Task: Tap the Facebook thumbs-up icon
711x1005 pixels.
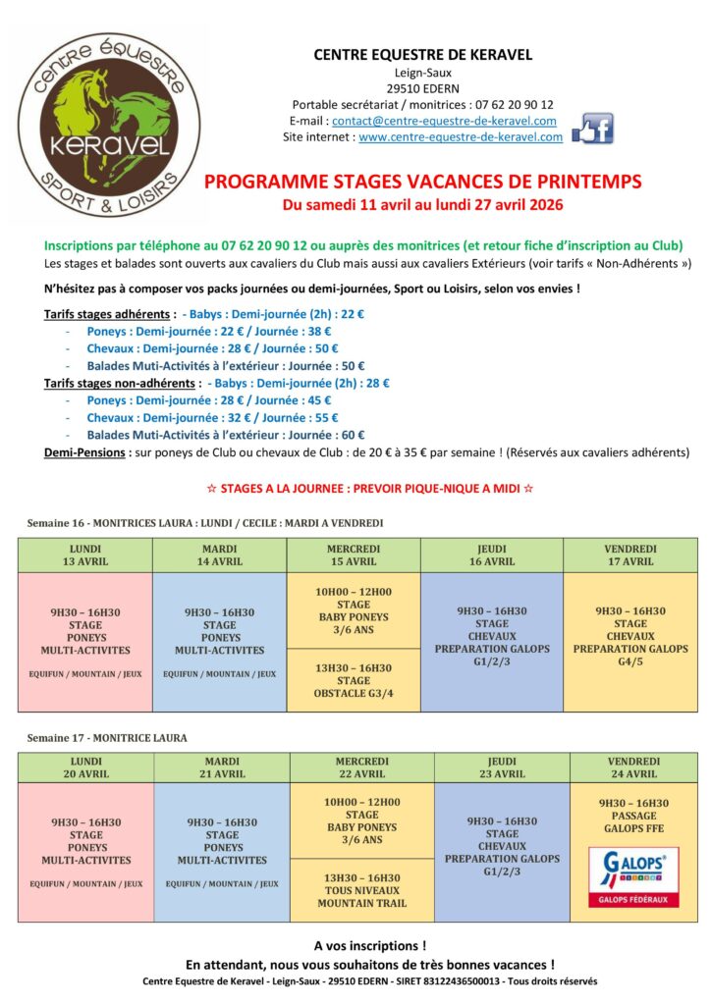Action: coord(592,129)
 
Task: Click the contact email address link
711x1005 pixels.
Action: coord(444,121)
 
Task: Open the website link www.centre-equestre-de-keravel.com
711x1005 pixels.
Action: coord(460,137)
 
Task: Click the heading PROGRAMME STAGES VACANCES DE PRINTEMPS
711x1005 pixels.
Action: coord(422,182)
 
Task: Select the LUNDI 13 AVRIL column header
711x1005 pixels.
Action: coord(85,555)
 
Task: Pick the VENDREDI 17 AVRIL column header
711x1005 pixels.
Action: coord(629,555)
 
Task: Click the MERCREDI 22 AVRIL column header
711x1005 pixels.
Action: coord(361,767)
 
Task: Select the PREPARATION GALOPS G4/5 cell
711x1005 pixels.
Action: coord(629,629)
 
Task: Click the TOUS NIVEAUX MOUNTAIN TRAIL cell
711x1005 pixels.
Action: coord(361,890)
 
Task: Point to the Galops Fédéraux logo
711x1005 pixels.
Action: coord(633,877)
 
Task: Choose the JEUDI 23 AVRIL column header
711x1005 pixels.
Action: coord(502,767)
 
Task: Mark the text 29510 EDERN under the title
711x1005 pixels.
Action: coord(422,87)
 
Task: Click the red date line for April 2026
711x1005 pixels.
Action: coord(422,204)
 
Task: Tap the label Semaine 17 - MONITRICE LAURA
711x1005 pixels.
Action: coord(107,737)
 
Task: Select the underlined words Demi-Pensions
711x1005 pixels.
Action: coord(84,451)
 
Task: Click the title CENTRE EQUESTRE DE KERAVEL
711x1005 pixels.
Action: coord(422,55)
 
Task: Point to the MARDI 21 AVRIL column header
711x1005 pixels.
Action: coord(222,767)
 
